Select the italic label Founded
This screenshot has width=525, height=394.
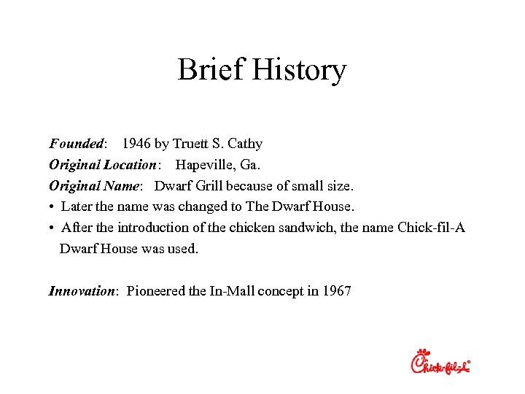77,144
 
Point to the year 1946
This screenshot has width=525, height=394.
136,144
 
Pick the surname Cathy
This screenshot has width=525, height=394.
244,144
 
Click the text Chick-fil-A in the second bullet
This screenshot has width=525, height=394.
431,228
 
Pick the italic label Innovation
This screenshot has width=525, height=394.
82,291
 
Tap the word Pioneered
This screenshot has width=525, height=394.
156,291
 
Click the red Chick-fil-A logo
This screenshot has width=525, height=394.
440,361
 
